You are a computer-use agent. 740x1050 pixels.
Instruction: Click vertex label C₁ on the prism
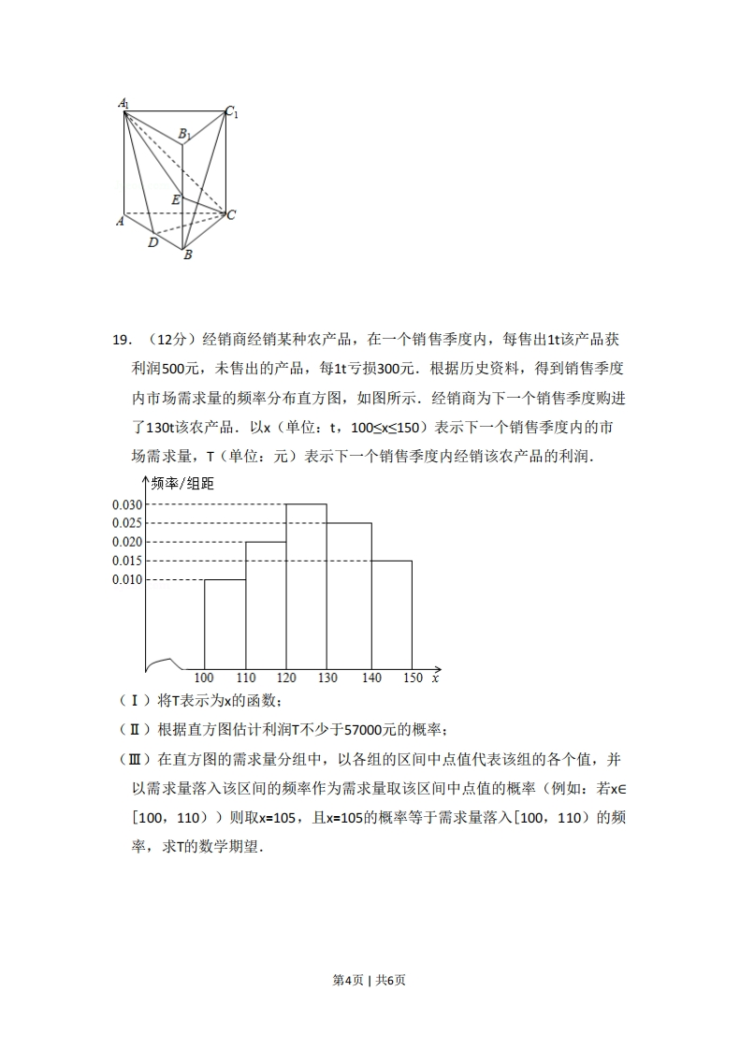pyautogui.click(x=231, y=112)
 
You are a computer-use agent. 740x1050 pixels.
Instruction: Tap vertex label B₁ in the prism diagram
pyautogui.click(x=185, y=134)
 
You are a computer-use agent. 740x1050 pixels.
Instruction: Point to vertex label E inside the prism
pyautogui.click(x=175, y=199)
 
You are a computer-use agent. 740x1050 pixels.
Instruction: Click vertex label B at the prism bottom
pyautogui.click(x=187, y=255)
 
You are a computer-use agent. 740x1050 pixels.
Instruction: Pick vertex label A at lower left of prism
pyautogui.click(x=120, y=221)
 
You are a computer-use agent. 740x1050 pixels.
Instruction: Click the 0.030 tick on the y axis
pyautogui.click(x=127, y=504)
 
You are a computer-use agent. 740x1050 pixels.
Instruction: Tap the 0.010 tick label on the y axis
pyautogui.click(x=127, y=579)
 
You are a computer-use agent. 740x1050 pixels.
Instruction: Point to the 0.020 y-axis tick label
pyautogui.click(x=127, y=542)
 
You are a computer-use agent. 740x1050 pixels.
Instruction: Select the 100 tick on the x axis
pyautogui.click(x=204, y=678)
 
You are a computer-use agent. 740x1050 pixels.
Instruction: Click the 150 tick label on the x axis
pyautogui.click(x=412, y=678)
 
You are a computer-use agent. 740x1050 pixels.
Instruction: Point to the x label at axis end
pyautogui.click(x=436, y=678)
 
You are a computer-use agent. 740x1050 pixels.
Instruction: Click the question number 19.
pyautogui.click(x=123, y=340)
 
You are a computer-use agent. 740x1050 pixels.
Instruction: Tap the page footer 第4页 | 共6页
pyautogui.click(x=370, y=980)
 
